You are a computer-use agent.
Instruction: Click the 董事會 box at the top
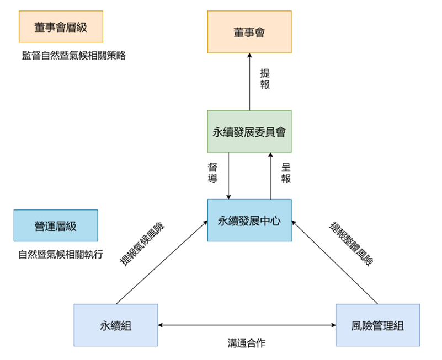click(x=249, y=33)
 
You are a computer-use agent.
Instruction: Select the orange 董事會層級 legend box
click(x=61, y=26)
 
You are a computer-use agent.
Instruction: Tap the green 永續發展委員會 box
click(x=249, y=132)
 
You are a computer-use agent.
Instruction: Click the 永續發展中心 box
click(x=249, y=221)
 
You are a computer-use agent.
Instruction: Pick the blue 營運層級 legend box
click(x=56, y=225)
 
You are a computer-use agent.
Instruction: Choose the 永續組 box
click(x=116, y=325)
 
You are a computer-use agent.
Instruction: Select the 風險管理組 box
click(x=377, y=325)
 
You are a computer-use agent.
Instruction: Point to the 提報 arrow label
click(x=265, y=78)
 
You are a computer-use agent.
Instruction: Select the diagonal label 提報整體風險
click(x=352, y=243)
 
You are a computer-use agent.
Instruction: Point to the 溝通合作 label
click(x=247, y=342)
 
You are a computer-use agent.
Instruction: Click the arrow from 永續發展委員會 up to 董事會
click(x=249, y=83)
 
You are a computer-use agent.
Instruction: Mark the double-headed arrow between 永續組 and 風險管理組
click(x=247, y=325)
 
